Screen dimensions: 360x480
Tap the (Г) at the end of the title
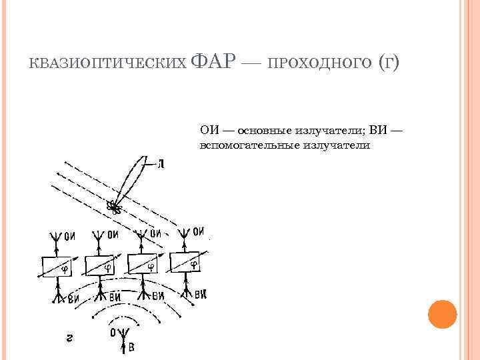tap(388, 63)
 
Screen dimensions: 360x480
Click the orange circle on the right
tap(441, 314)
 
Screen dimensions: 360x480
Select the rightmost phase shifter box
tap(187, 263)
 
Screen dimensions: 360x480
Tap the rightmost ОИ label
tap(199, 232)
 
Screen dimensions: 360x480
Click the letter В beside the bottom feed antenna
tap(131, 347)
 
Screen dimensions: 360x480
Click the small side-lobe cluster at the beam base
tap(116, 209)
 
